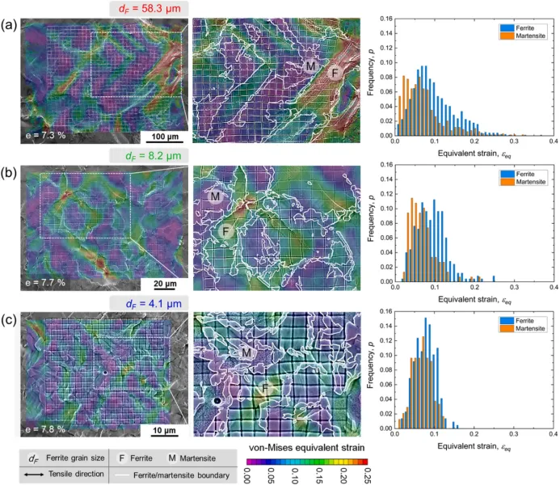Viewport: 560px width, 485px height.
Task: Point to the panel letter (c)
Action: point(9,321)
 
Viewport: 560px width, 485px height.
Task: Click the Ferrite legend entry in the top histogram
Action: point(524,27)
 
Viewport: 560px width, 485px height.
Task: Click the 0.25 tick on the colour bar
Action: point(364,473)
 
